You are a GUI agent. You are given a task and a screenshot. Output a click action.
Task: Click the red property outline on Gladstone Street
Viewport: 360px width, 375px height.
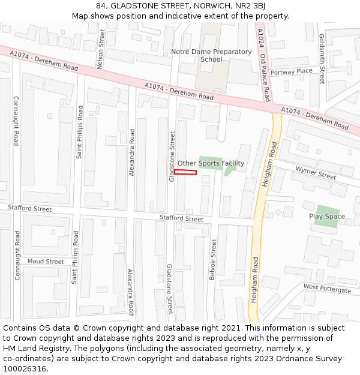(185, 173)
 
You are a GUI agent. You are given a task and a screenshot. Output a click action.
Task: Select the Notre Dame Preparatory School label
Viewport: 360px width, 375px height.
(211, 55)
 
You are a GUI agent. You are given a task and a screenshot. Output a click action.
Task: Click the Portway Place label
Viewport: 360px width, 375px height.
(292, 71)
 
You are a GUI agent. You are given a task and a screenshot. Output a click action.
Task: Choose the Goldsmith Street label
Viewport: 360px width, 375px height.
(322, 59)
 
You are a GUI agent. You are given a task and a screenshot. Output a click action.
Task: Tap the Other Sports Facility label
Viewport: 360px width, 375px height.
(211, 163)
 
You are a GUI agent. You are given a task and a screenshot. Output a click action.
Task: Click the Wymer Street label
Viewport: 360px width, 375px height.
(316, 173)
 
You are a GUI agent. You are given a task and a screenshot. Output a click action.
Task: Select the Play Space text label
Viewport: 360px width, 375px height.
(327, 216)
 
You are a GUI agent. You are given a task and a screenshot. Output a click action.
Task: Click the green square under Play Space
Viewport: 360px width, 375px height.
(326, 217)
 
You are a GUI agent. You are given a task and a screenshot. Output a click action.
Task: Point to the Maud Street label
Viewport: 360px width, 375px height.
(46, 262)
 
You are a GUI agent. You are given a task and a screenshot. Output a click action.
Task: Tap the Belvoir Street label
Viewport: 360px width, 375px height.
(214, 260)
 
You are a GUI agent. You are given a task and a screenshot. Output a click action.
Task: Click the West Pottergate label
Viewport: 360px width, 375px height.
(327, 289)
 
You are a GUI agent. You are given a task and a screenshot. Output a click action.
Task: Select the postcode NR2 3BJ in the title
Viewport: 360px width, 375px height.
(252, 6)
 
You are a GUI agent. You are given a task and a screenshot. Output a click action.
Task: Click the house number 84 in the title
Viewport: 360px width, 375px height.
(101, 6)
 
